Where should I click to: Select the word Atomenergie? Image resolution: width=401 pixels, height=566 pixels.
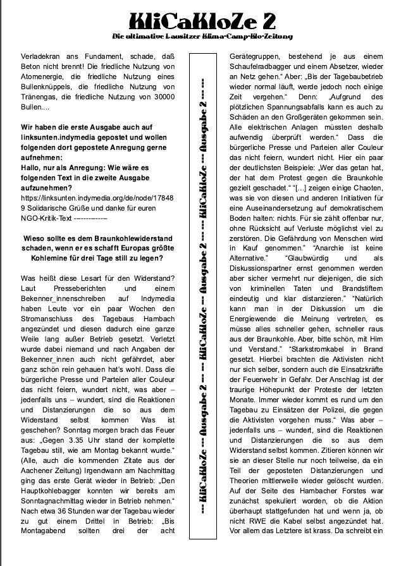(x=45, y=78)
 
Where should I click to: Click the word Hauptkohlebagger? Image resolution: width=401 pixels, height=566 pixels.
(x=54, y=491)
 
